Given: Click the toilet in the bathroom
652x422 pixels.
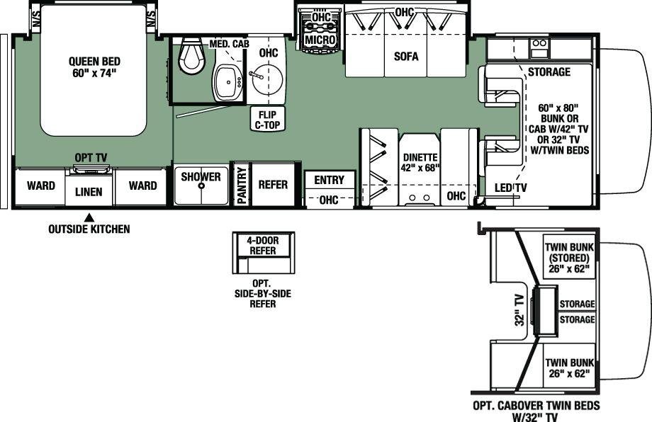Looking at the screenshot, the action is [193, 56].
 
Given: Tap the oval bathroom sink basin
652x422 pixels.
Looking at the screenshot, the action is [227, 83].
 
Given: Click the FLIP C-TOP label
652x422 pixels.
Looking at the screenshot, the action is [267, 120].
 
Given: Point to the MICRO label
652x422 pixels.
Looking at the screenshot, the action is [320, 40].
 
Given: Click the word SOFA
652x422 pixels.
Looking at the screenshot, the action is [406, 56].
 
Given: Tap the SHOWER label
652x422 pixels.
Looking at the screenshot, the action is [201, 176].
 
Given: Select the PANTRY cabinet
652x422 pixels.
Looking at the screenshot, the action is [241, 185].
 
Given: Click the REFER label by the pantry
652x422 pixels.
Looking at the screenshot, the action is [273, 184].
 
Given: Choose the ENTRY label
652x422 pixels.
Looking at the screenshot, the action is [330, 180].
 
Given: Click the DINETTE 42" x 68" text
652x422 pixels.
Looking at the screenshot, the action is [420, 162].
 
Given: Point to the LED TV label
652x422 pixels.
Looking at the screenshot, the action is [511, 188].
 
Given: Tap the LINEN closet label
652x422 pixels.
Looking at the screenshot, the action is [89, 192].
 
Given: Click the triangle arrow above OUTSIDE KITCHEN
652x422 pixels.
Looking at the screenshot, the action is [88, 217].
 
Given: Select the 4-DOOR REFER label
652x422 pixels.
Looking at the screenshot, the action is [263, 246].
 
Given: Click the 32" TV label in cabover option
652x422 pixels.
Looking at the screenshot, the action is [519, 310].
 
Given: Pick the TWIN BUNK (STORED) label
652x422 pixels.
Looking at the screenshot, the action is [569, 258].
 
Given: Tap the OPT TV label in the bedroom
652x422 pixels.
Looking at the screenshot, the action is [91, 158].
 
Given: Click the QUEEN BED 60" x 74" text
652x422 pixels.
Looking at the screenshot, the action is [94, 67].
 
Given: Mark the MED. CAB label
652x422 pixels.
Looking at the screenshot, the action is [229, 44].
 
